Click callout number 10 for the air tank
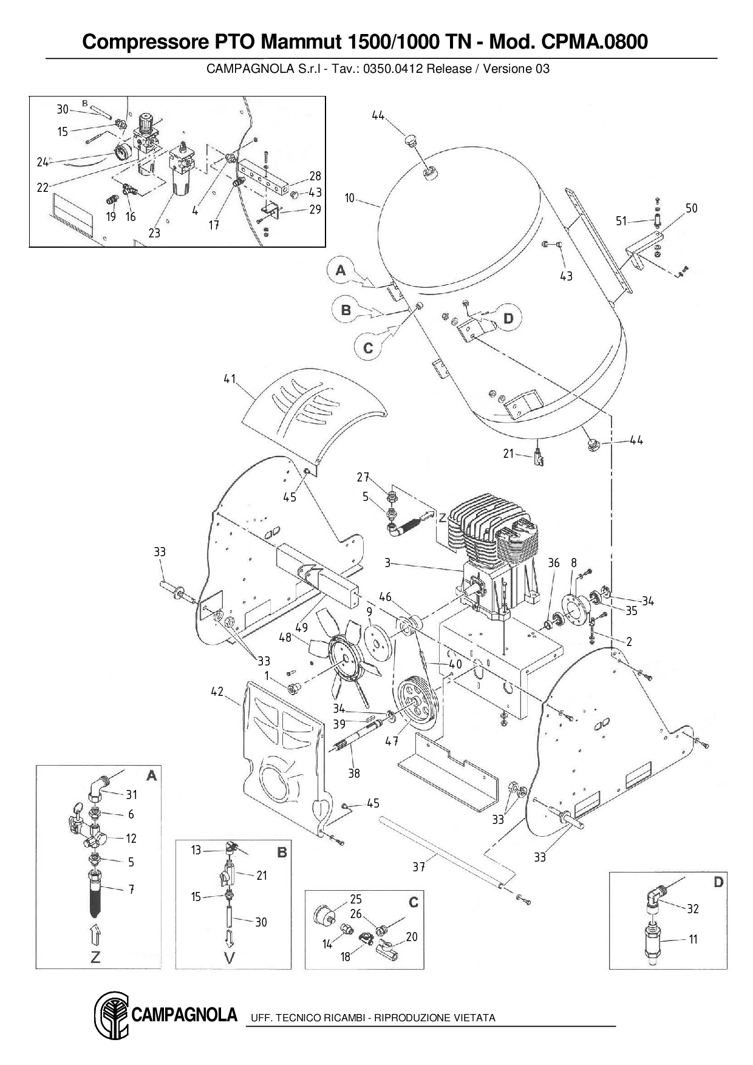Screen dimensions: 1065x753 click(350, 198)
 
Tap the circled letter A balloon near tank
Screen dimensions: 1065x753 click(341, 270)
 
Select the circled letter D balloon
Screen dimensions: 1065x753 click(509, 318)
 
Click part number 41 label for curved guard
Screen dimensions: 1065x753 click(229, 379)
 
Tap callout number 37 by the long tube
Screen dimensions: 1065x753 click(419, 867)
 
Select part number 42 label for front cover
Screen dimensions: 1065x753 click(217, 692)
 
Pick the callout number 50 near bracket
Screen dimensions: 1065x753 click(692, 208)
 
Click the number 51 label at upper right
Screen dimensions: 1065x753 click(621, 221)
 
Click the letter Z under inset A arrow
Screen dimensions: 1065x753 click(95, 958)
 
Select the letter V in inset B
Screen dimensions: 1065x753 click(230, 958)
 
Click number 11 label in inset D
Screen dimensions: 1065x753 click(693, 939)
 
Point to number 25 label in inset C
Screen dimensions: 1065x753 click(356, 899)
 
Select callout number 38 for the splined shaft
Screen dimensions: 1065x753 click(354, 773)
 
